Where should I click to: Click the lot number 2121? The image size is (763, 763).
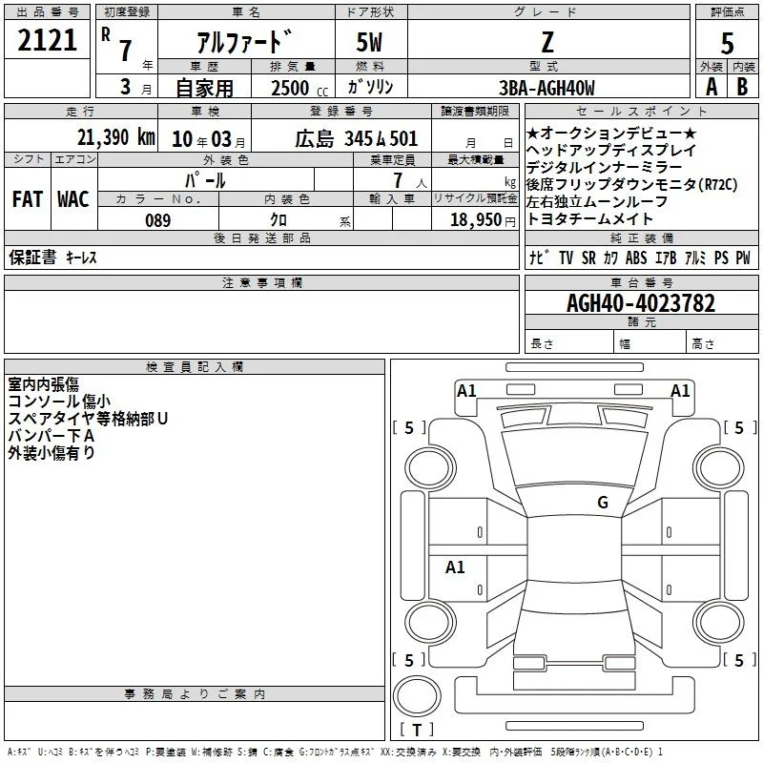click(x=47, y=40)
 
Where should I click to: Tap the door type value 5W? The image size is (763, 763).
click(x=369, y=42)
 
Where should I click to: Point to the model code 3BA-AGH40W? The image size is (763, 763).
click(x=546, y=88)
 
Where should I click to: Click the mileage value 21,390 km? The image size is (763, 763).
click(x=116, y=137)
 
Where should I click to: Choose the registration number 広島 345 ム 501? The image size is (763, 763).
click(x=356, y=139)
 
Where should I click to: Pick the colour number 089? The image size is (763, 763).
click(x=158, y=220)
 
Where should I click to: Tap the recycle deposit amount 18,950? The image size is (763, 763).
click(x=476, y=220)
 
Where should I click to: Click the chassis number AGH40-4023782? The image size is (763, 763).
click(x=641, y=303)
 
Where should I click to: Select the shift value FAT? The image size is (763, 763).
click(x=28, y=199)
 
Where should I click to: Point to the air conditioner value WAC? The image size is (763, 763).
click(x=73, y=199)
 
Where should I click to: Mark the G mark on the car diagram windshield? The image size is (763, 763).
click(x=603, y=503)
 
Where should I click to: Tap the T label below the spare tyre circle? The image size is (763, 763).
click(x=417, y=730)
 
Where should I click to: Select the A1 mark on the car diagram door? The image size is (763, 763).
click(x=455, y=567)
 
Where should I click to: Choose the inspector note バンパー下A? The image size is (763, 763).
click(x=51, y=436)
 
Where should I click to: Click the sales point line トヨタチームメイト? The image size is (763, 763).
click(x=589, y=219)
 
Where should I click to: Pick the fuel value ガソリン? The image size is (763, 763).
click(x=370, y=87)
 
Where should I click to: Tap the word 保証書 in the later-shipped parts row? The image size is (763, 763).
click(x=32, y=257)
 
